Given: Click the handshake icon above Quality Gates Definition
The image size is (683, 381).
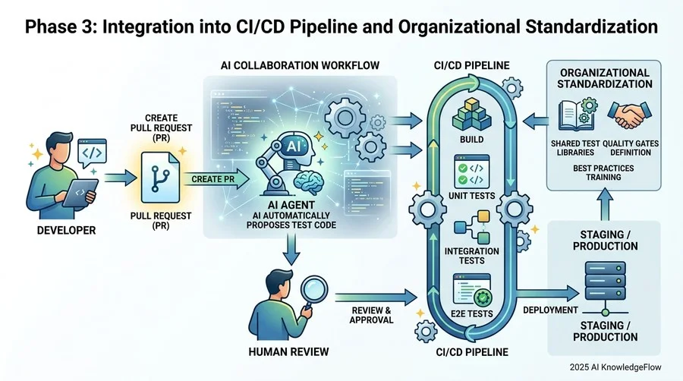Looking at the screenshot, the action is [x=629, y=115].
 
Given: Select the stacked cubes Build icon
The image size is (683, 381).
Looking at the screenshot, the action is [x=472, y=115].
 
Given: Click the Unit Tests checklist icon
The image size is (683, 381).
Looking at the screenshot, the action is [x=472, y=172].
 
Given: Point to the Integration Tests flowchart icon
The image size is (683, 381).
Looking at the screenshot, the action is [x=473, y=227].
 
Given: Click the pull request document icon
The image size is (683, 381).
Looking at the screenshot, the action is [x=160, y=178].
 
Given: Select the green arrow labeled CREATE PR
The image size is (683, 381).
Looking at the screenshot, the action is [x=216, y=179].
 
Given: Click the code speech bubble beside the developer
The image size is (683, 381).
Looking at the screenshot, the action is [x=92, y=153].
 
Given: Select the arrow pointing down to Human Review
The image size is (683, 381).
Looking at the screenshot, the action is [x=291, y=250].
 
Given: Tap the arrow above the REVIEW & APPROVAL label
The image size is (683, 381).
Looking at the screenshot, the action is [x=376, y=297].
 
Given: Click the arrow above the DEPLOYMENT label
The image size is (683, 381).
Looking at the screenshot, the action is [x=547, y=293].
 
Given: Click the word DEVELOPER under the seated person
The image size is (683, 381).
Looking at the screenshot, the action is [x=66, y=230].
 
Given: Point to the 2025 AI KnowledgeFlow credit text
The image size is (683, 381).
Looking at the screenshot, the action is [x=615, y=367].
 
